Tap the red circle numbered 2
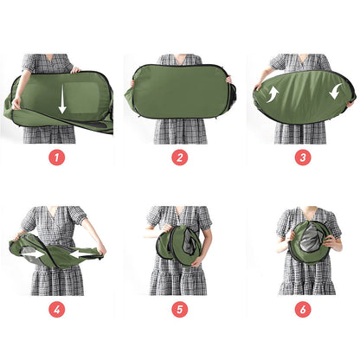[x=179, y=158]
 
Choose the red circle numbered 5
[x=179, y=309]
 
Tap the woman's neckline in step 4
[x=56, y=211]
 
